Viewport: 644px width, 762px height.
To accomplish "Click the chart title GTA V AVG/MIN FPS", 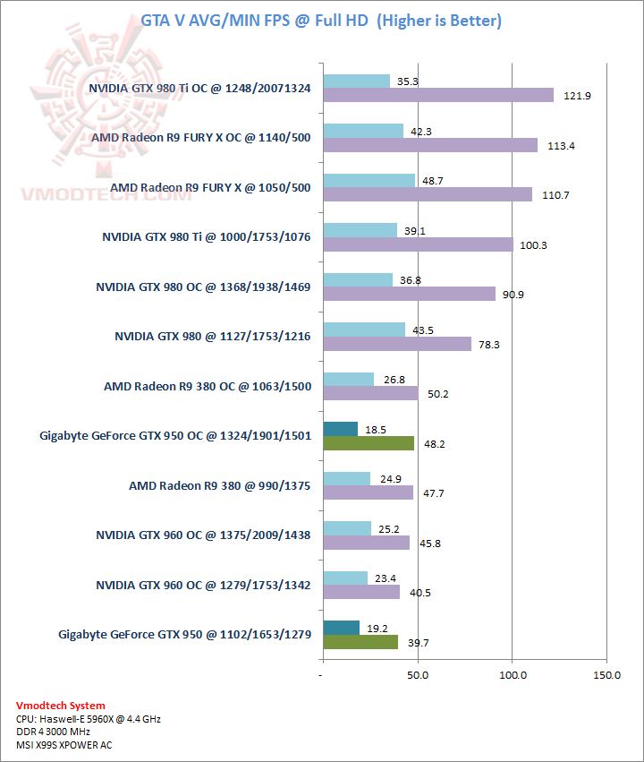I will (321, 20).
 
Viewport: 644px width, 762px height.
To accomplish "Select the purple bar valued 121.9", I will (437, 95).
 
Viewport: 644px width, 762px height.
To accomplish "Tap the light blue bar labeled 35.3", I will (356, 81).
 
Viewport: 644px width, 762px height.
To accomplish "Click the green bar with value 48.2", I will (368, 442).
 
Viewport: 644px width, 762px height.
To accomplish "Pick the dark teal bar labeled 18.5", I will (340, 429).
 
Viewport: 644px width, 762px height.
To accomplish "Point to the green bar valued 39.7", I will (360, 641).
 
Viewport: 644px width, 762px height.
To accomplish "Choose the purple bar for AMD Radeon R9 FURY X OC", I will (429, 145).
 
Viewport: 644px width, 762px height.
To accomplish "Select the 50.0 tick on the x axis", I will (417, 674).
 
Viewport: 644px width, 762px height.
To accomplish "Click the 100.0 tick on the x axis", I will (512, 674).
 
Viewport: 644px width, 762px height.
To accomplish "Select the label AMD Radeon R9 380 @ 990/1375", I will (219, 486).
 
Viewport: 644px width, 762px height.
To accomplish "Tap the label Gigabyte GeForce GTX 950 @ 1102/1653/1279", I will (184, 635).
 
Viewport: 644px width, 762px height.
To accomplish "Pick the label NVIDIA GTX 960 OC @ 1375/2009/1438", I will (203, 535).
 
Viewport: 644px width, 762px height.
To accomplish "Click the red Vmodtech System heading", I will (60, 706).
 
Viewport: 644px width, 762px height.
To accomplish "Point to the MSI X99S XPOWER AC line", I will (64, 744).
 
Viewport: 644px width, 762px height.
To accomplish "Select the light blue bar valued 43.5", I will (363, 330).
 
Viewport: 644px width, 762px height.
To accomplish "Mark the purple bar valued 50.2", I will (369, 393).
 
